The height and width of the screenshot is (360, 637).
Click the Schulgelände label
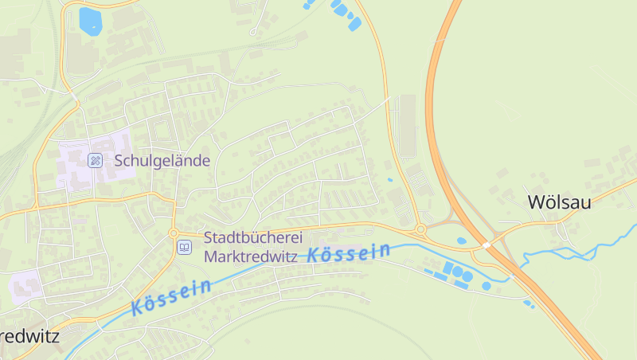162,161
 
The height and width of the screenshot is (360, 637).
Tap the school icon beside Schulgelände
95,160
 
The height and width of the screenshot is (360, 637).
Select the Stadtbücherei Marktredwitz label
250,247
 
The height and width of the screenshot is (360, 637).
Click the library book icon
185,248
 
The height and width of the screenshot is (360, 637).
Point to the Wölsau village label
559,202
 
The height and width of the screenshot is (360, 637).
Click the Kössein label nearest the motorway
349,254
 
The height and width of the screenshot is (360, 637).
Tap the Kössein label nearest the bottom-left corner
171,295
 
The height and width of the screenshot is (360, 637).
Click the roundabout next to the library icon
173,233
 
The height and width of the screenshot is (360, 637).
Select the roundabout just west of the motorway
420,230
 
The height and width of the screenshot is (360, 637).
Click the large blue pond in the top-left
90,20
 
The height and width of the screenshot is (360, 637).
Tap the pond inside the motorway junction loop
462,241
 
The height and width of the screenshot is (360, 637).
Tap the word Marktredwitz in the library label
250,256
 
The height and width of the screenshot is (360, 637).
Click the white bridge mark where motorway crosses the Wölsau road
486,245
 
